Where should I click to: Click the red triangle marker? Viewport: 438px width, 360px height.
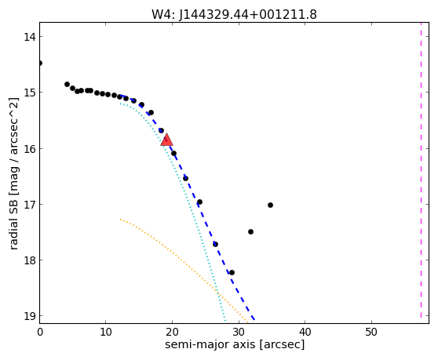[166, 140]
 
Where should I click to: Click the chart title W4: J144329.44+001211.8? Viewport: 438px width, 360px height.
[234, 15]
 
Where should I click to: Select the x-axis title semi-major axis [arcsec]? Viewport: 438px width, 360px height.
[235, 344]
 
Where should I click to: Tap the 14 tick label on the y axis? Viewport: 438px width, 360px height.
[30, 37]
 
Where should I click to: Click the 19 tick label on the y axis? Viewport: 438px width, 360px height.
[30, 316]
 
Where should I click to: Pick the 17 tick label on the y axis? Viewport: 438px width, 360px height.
[30, 204]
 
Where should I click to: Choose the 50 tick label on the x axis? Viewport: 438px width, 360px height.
[371, 332]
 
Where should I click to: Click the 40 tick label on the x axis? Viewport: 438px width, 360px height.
[305, 332]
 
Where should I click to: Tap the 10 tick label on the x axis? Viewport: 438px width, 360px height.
[106, 332]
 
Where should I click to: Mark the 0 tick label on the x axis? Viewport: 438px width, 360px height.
[40, 332]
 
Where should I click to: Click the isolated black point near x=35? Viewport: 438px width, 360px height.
[270, 205]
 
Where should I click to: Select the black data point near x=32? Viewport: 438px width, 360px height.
[250, 231]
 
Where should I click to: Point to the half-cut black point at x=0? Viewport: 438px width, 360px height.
[40, 63]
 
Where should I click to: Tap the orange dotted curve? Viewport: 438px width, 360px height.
[179, 260]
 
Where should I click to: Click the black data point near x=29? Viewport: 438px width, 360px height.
[232, 272]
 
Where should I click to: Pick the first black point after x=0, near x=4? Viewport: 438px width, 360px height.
[67, 84]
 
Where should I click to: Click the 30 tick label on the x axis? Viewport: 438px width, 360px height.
[239, 332]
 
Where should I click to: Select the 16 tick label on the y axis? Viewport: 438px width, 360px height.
[30, 148]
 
